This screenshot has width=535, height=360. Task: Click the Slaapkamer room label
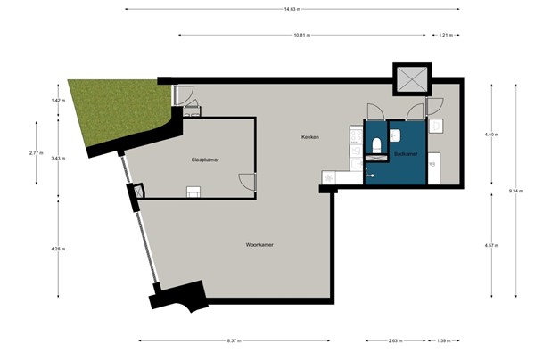coord(205,160)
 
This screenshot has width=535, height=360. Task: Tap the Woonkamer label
coord(259,243)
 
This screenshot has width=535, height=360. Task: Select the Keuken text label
coord(309,136)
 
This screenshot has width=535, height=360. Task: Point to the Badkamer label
coord(405,153)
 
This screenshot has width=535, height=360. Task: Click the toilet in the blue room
coord(376,144)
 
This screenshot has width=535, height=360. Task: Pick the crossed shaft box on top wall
coord(412,78)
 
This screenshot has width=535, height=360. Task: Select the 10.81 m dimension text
coord(306,36)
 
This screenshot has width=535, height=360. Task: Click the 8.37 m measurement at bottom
coord(235,340)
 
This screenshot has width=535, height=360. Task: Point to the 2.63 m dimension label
coord(395,340)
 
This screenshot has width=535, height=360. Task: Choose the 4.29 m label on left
coord(58,249)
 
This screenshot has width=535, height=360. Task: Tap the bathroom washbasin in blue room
coord(394,135)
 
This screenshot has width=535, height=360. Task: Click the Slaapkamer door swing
coord(247,182)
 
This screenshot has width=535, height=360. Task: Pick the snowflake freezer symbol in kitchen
coord(329,177)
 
